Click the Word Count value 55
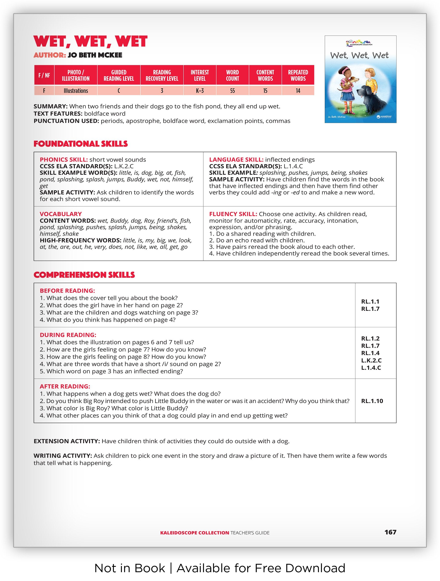pyautogui.click(x=232, y=91)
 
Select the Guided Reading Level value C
pyautogui.click(x=119, y=91)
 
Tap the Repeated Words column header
pyautogui.click(x=298, y=75)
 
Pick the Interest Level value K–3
pyautogui.click(x=200, y=91)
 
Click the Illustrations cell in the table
pyautogui.click(x=76, y=91)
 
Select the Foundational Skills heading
pyautogui.click(x=80, y=144)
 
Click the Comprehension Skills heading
pyautogui.click(x=84, y=275)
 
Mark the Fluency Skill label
pyautogui.click(x=233, y=214)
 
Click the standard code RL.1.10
pyautogui.click(x=372, y=401)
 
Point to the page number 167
pyautogui.click(x=390, y=532)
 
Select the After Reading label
pyautogui.click(x=65, y=386)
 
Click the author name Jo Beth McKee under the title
pyautogui.click(x=95, y=55)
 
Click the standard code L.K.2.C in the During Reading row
pyautogui.click(x=371, y=360)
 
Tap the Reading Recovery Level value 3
pyautogui.click(x=162, y=91)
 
